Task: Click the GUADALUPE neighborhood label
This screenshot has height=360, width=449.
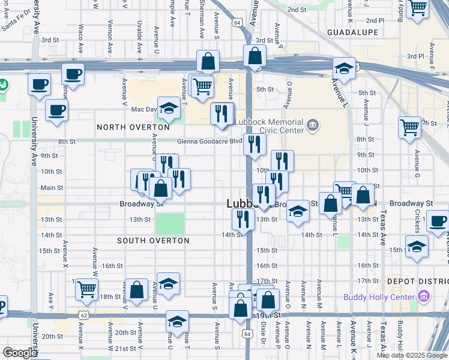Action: pyautogui.click(x=352, y=32)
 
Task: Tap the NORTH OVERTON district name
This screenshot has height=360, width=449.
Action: pyautogui.click(x=133, y=127)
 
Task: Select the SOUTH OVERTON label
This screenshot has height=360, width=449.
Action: pyautogui.click(x=153, y=241)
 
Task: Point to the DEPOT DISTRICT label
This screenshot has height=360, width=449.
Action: pyautogui.click(x=417, y=281)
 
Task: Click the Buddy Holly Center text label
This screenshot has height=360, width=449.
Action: pyautogui.click(x=378, y=297)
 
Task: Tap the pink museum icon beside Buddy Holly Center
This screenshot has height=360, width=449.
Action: pyautogui.click(x=424, y=296)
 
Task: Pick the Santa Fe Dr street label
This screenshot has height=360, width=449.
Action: pyautogui.click(x=17, y=23)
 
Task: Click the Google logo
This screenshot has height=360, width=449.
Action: pyautogui.click(x=20, y=353)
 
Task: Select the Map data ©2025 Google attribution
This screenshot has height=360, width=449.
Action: pyautogui.click(x=412, y=355)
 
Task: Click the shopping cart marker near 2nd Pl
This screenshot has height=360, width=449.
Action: pyautogui.click(x=417, y=7)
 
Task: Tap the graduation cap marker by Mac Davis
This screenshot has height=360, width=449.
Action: pyautogui.click(x=169, y=109)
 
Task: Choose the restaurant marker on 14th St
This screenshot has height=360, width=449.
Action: pyautogui.click(x=243, y=219)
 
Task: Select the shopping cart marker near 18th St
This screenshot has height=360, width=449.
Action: pyautogui.click(x=87, y=289)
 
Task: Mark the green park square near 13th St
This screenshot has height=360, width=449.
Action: pyautogui.click(x=170, y=224)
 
